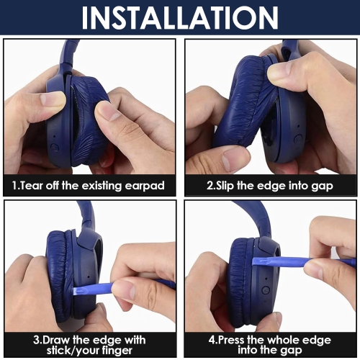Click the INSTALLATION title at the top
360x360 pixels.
(180, 18)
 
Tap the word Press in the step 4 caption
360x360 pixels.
(231, 340)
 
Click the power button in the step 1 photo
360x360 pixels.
(54, 147)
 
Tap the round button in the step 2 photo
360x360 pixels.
(298, 138)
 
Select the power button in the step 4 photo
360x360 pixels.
(266, 290)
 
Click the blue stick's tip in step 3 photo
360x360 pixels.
(75, 291)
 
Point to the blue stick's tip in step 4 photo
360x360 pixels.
(255, 261)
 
